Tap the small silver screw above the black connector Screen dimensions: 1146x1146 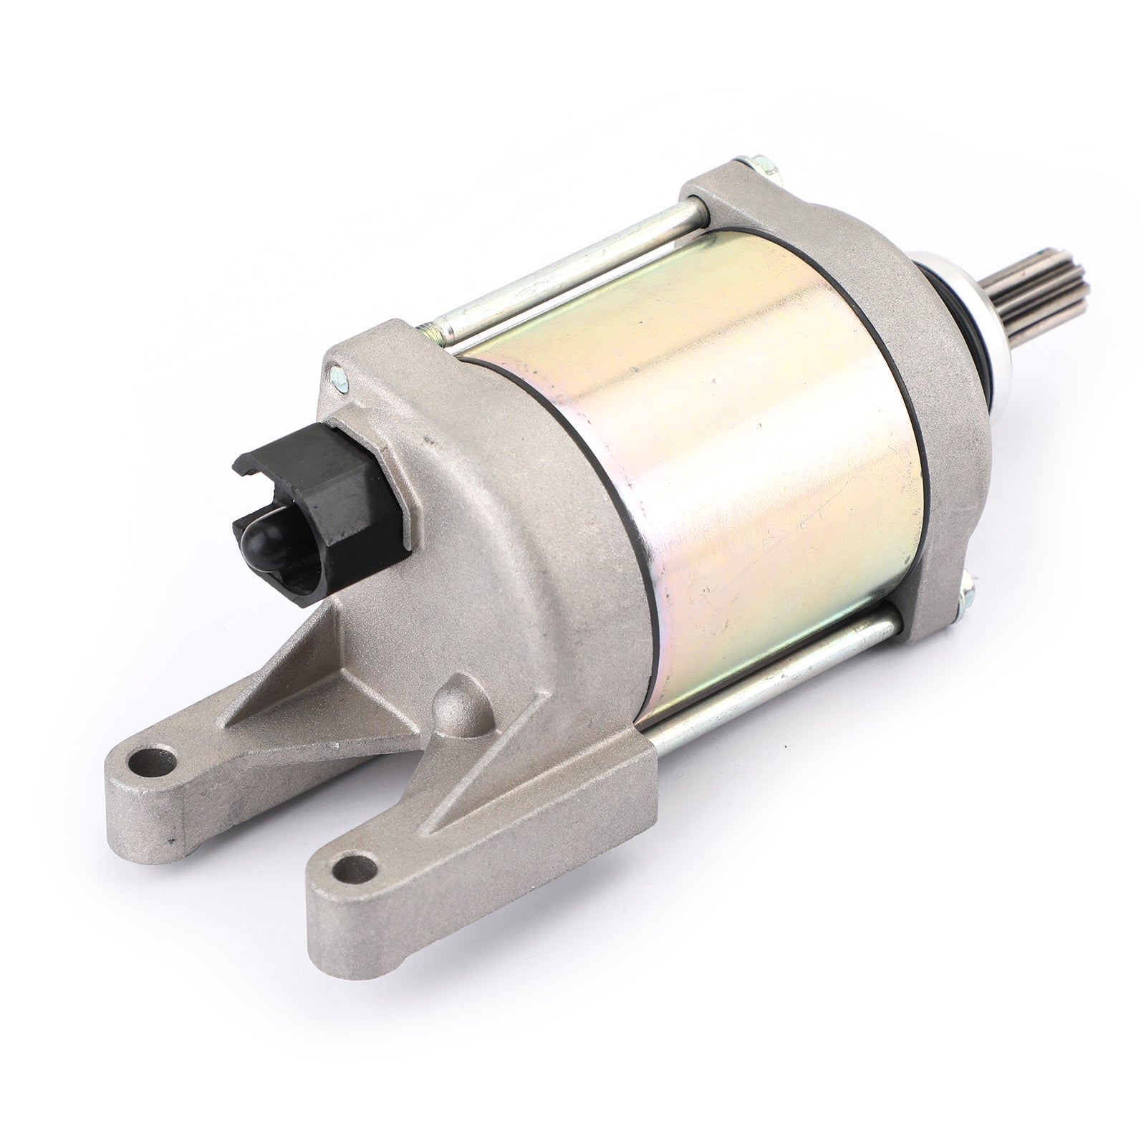[337, 373]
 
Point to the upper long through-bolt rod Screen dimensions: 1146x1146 [573, 272]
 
